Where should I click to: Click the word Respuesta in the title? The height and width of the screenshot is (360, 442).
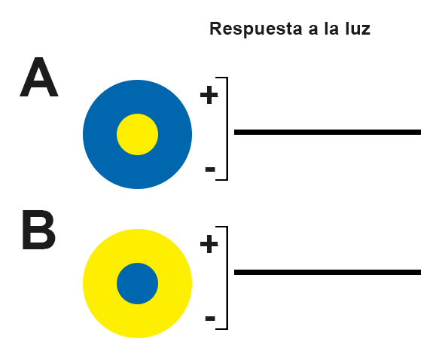click(x=256, y=29)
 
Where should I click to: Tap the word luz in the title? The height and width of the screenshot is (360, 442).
click(x=358, y=29)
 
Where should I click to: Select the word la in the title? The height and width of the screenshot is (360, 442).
click(x=331, y=29)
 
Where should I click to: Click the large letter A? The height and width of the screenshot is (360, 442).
click(x=39, y=77)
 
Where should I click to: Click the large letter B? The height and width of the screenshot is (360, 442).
click(x=38, y=230)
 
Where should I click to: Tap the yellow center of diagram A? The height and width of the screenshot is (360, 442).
click(x=137, y=135)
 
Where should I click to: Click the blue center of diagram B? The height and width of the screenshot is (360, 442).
click(x=137, y=284)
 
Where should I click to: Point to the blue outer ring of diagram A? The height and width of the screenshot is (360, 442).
click(x=100, y=135)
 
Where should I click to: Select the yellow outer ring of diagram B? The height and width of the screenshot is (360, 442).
click(x=100, y=284)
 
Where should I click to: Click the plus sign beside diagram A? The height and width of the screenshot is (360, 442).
click(x=209, y=95)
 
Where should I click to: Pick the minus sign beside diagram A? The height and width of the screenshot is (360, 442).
click(x=210, y=169)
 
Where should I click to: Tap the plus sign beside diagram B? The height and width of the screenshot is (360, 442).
click(x=209, y=244)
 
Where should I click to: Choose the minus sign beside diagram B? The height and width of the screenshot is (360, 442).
click(x=210, y=319)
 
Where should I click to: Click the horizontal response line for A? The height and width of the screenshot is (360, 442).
click(x=328, y=132)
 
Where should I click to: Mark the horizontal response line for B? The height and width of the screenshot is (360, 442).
click(x=328, y=272)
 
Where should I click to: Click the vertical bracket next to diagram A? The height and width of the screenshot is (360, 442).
click(x=227, y=129)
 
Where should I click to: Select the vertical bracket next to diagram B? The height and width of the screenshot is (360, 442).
click(x=227, y=278)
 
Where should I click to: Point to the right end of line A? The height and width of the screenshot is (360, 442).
click(x=421, y=132)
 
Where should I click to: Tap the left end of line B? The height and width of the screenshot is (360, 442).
click(x=235, y=272)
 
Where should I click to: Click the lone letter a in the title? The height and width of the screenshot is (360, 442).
click(x=313, y=30)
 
